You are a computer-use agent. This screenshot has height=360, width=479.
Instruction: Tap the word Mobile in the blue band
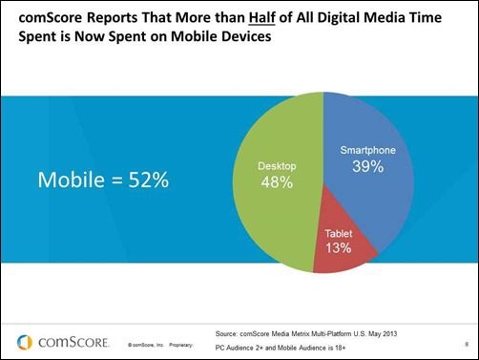69,179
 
